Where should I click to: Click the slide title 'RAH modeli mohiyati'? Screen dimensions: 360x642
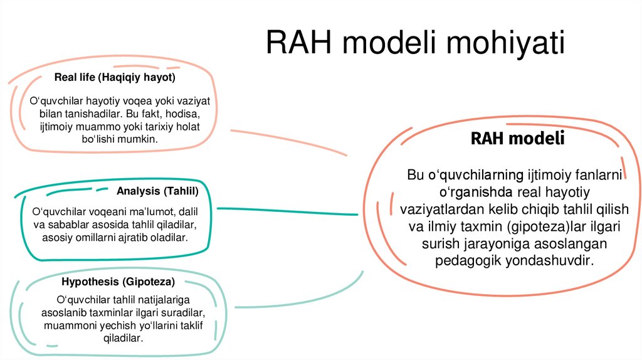415,43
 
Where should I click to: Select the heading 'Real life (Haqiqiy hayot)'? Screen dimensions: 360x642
115,78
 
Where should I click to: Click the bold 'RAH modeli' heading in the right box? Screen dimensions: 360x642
517,139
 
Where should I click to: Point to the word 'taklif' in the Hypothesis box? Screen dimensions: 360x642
191,326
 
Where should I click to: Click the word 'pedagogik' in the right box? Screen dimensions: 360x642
465,260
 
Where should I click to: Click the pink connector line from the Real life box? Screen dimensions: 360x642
288,141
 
